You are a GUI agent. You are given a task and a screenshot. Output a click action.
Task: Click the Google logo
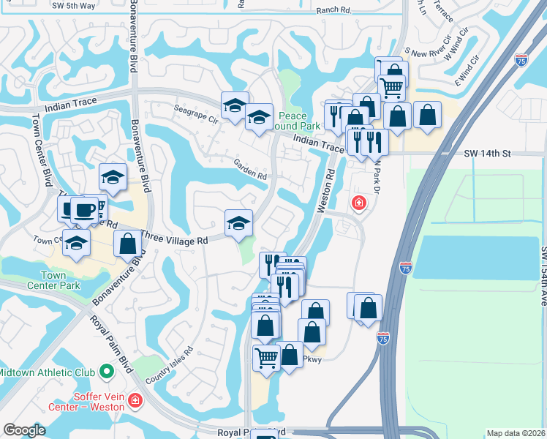point(23,430)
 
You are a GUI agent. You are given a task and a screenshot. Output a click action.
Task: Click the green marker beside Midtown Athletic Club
point(107,371)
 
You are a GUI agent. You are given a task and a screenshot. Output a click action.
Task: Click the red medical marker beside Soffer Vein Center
point(135,400)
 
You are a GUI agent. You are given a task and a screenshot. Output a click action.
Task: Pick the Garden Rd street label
point(250,170)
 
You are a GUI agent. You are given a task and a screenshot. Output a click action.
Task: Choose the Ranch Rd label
point(335,11)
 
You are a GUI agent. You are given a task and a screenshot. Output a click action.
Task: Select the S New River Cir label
point(430,53)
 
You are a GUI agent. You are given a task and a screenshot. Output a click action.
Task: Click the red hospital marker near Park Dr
point(358,202)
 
